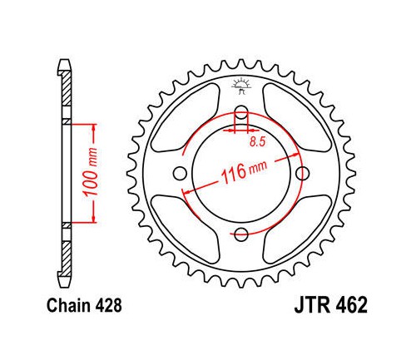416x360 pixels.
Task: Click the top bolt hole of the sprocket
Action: click(x=241, y=111)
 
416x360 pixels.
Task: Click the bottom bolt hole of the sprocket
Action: click(x=241, y=234)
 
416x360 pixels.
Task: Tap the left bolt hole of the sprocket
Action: click(x=180, y=174)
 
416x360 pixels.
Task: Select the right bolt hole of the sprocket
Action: click(x=303, y=174)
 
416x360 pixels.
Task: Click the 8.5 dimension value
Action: click(x=258, y=141)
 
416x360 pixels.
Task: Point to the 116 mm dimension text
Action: click(x=244, y=172)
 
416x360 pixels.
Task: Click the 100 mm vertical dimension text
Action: click(x=91, y=172)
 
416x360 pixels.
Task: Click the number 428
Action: click(x=109, y=306)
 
